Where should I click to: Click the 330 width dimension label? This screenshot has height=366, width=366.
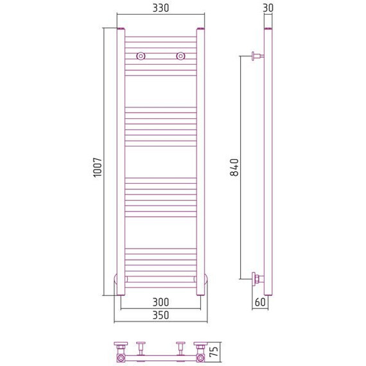pyautogui.click(x=161, y=8)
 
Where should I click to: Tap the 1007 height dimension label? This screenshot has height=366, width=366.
pyautogui.click(x=98, y=168)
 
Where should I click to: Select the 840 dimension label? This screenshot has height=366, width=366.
pyautogui.click(x=234, y=167)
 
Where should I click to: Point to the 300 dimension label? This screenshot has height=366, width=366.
pyautogui.click(x=161, y=302)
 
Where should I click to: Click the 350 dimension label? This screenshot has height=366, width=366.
pyautogui.click(x=161, y=315)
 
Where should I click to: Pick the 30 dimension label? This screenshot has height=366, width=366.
pyautogui.click(x=268, y=8)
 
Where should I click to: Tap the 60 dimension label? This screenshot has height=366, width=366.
pyautogui.click(x=260, y=302)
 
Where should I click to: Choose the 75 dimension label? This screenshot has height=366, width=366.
pyautogui.click(x=214, y=351)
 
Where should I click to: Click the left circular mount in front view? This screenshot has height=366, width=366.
pyautogui.click(x=141, y=56)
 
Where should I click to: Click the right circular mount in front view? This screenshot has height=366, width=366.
pyautogui.click(x=180, y=56)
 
